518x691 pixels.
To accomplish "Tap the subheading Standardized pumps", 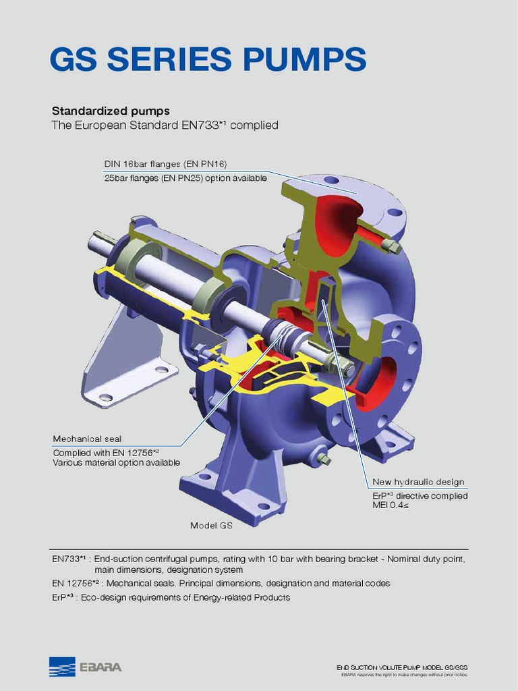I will tap(111, 111).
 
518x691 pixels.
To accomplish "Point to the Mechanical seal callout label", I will tap(87, 439).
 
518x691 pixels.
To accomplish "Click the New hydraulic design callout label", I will tap(418, 482).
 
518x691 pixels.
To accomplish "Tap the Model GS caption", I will tap(211, 526).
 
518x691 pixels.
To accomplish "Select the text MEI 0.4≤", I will tap(391, 506).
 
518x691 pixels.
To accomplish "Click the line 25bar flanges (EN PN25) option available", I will tap(185, 178).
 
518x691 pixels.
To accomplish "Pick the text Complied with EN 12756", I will tap(107, 452).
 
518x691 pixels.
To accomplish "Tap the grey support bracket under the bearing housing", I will tap(128, 358).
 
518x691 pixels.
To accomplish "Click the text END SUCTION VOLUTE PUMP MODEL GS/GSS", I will tap(402, 667).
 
